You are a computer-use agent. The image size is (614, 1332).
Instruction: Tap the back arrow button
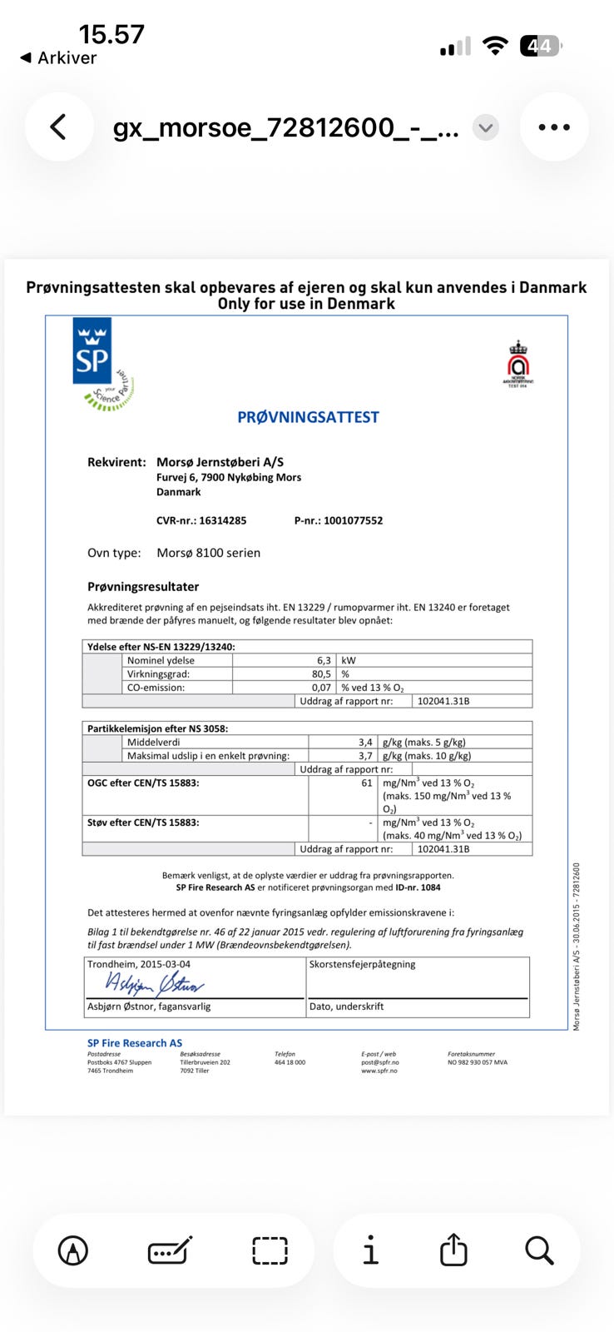tap(58, 127)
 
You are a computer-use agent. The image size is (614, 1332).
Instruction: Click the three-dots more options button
tap(554, 127)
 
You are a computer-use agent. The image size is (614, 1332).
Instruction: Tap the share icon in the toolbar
tap(453, 1250)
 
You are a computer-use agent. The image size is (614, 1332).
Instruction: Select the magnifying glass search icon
tap(539, 1250)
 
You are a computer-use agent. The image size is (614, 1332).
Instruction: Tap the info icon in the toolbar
tap(370, 1250)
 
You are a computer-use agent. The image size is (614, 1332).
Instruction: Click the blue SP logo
tap(92, 351)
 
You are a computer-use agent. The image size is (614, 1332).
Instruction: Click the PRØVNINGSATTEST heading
tap(308, 417)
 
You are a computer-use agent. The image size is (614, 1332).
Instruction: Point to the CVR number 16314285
tap(222, 520)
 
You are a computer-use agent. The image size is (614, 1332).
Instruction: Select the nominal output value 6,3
tap(324, 660)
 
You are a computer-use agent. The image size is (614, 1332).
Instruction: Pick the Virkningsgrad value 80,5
tap(321, 673)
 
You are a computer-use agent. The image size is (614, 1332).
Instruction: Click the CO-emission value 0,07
tap(321, 688)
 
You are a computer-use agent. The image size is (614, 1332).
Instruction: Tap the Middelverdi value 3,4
tap(365, 742)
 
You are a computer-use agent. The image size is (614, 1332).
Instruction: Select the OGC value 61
tap(367, 783)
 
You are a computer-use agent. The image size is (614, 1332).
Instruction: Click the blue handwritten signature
tap(154, 984)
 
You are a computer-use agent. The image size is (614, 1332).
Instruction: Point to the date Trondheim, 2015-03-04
tap(139, 964)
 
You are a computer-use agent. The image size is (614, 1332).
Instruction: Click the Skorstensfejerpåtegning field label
tap(362, 964)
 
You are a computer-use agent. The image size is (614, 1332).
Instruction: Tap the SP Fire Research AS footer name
tap(135, 1042)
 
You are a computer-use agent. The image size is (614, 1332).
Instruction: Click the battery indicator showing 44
tap(540, 46)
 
